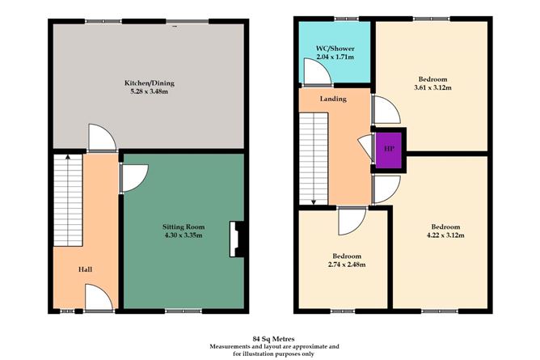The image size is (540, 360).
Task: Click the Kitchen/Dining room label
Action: point(149,83)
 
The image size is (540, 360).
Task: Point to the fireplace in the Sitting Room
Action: point(235,239)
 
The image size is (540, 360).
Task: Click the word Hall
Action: point(85,269)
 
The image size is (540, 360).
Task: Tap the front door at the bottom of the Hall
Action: point(98,300)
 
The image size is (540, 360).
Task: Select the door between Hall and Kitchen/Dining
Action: point(102,139)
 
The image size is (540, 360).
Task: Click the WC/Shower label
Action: point(333,49)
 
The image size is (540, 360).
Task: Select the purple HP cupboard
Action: point(388,150)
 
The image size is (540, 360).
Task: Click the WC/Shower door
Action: point(317,74)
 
